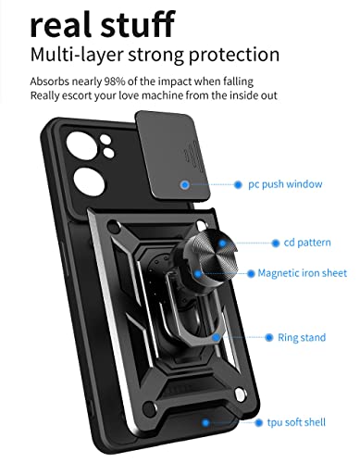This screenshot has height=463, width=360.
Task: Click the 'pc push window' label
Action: pyautogui.click(x=285, y=184)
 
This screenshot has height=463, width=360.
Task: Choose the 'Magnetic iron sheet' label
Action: pyautogui.click(x=303, y=273)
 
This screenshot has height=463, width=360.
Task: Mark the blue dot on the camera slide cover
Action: pyautogui.click(x=186, y=185)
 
